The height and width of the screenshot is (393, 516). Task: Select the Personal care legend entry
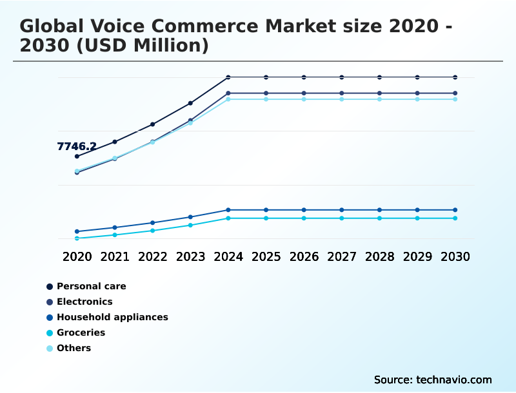tap(91, 286)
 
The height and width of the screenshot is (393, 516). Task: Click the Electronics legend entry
tap(84, 302)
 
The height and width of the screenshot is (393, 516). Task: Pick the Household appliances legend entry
tap(112, 317)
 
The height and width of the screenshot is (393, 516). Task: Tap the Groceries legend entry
tap(81, 332)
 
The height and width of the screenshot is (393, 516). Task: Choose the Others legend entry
tap(74, 348)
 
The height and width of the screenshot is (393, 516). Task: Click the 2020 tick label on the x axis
tap(77, 256)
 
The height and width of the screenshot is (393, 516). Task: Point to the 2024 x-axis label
tap(228, 256)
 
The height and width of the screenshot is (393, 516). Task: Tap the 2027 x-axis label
tap(342, 256)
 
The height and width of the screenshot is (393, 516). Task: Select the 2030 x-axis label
tap(455, 256)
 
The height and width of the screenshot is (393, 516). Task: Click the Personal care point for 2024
tap(228, 77)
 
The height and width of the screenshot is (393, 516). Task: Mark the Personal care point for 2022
tap(153, 124)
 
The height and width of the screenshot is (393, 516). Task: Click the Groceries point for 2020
tap(77, 238)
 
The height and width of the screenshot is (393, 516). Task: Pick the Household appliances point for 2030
tap(455, 210)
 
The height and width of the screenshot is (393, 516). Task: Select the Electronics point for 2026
tap(304, 93)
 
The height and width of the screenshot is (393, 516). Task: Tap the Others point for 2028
tap(379, 99)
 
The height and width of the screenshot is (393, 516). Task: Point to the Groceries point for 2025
tap(266, 218)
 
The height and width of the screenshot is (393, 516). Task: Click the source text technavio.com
tap(453, 379)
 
